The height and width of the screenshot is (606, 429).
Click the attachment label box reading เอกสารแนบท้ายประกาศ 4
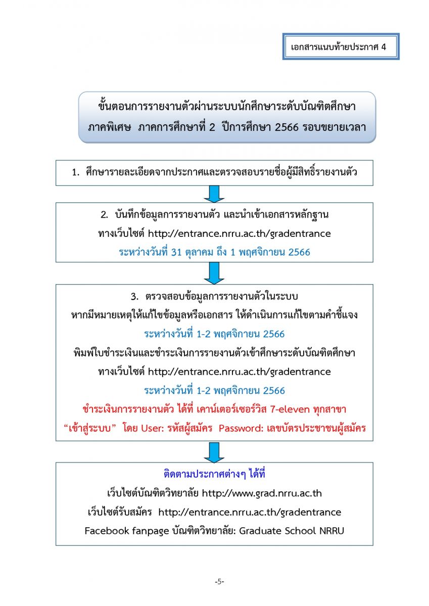pos(341,46)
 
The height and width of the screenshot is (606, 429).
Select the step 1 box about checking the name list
pos(214,173)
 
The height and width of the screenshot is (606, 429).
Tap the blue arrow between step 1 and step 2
pos(214,194)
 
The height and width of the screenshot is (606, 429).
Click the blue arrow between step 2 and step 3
pos(214,273)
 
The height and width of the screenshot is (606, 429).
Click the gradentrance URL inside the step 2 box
pos(240,233)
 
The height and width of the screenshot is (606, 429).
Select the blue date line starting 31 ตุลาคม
pos(214,252)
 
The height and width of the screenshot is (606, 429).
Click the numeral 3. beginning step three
pos(134,297)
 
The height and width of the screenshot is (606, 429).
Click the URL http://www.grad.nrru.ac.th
pos(262,493)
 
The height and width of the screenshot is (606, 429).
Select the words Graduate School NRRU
pos(292,531)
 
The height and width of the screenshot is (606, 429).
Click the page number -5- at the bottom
pos(219,581)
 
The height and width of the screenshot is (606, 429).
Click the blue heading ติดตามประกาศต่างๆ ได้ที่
pos(214,474)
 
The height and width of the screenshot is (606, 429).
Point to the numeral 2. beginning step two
pos(105,215)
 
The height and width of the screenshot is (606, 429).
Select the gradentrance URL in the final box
pos(250,512)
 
